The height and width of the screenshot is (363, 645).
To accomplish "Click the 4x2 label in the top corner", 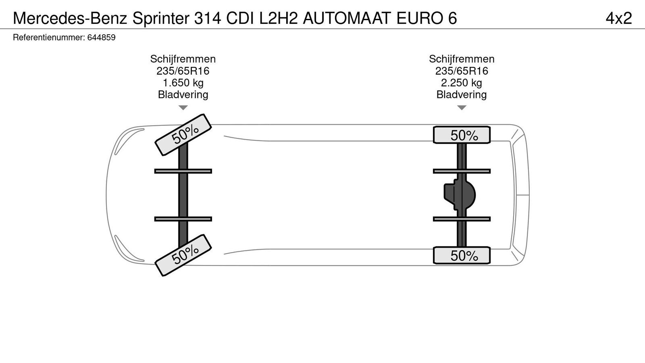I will pyautogui.click(x=618, y=18).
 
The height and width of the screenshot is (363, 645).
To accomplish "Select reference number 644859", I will pyautogui.click(x=101, y=38).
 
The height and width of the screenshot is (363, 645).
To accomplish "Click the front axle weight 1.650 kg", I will pyautogui.click(x=183, y=83).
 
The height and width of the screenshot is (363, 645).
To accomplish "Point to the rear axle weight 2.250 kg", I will pyautogui.click(x=461, y=83).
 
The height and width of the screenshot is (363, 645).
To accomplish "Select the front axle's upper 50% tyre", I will pyautogui.click(x=183, y=134).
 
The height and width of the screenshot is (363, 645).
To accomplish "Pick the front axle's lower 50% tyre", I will pyautogui.click(x=183, y=255).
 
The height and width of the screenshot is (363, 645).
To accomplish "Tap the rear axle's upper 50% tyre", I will pyautogui.click(x=462, y=135).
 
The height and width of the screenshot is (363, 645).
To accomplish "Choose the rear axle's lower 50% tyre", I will pyautogui.click(x=462, y=255).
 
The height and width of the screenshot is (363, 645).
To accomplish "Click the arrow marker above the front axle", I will pyautogui.click(x=183, y=108).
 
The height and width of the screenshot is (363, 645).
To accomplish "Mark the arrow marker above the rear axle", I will pyautogui.click(x=462, y=108).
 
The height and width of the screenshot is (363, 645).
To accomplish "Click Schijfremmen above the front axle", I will pyautogui.click(x=183, y=59).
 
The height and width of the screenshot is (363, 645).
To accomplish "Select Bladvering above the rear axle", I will pyautogui.click(x=461, y=95).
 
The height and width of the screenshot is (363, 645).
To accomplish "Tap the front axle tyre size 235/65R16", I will pyautogui.click(x=183, y=71).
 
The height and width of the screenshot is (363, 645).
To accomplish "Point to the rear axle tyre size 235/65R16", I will pyautogui.click(x=461, y=71).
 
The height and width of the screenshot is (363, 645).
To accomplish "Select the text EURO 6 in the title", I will pyautogui.click(x=427, y=18).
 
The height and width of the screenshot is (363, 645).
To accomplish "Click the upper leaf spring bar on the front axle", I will pyautogui.click(x=183, y=171).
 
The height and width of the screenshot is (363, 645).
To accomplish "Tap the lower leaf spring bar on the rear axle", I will pyautogui.click(x=462, y=219).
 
